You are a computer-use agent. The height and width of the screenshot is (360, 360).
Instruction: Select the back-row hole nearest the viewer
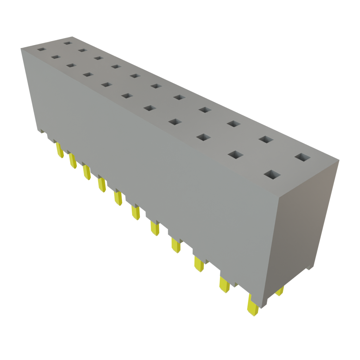pos(303,157)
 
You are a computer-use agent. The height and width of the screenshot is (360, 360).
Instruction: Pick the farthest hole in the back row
pos(67,43)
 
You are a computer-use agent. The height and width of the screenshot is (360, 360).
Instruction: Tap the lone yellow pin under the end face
pos(280,291)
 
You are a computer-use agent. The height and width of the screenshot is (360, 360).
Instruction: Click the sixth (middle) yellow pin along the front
pos(136,213)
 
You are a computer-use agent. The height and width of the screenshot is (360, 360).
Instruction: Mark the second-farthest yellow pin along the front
pos(72,161)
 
